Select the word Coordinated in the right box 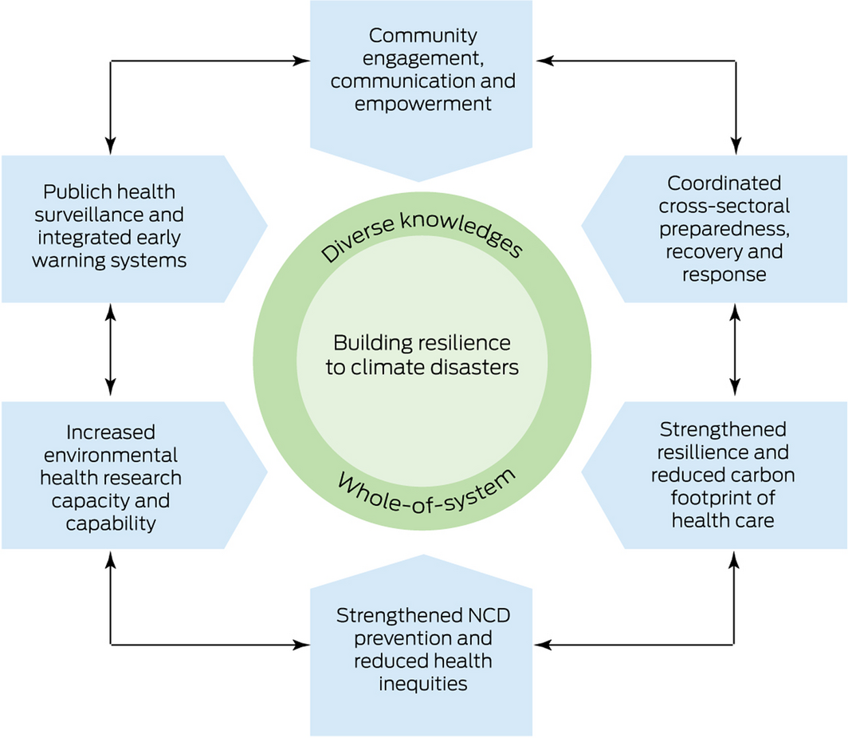pyautogui.click(x=724, y=183)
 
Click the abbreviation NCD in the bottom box pyautogui.click(x=485, y=616)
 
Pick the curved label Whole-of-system pyautogui.click(x=426, y=490)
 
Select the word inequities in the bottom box pyautogui.click(x=423, y=684)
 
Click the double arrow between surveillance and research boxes pyautogui.click(x=111, y=352)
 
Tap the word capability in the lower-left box pyautogui.click(x=111, y=523)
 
